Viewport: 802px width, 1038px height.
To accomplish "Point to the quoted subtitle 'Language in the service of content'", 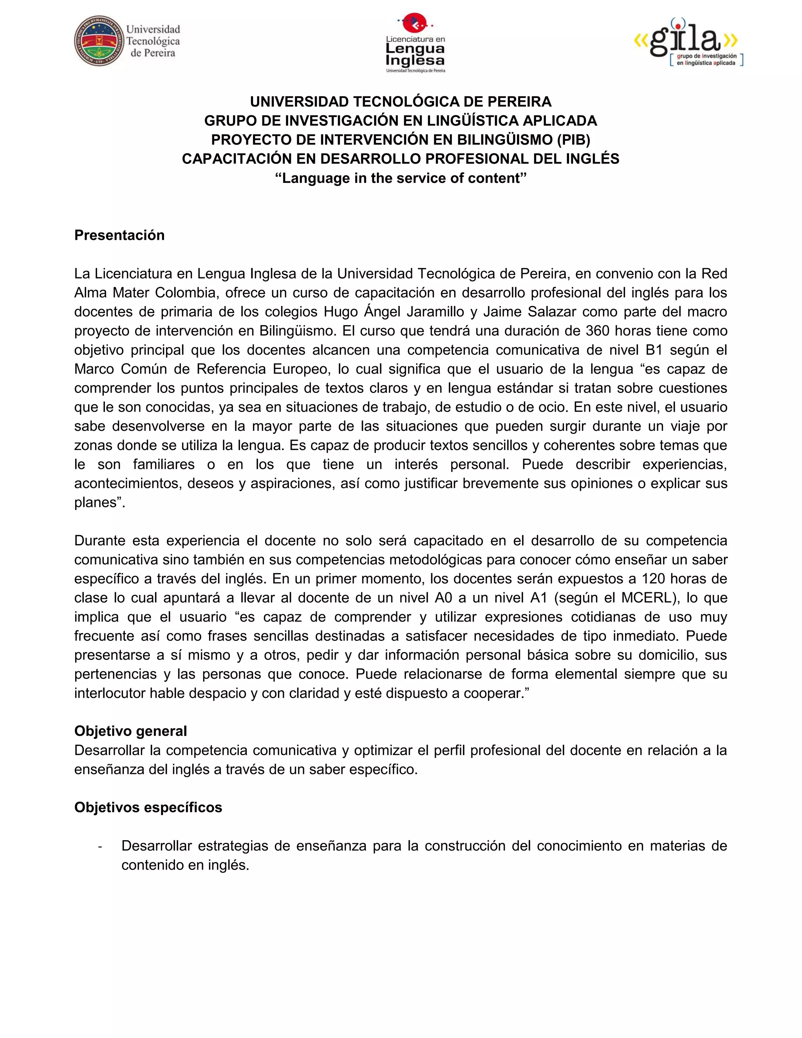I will [401, 178].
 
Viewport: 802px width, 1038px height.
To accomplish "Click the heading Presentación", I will [119, 235].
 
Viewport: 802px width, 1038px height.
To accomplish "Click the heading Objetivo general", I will [131, 731].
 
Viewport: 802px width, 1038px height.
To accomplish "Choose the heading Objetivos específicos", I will [148, 808].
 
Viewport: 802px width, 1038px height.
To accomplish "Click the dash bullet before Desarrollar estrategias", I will [100, 846].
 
